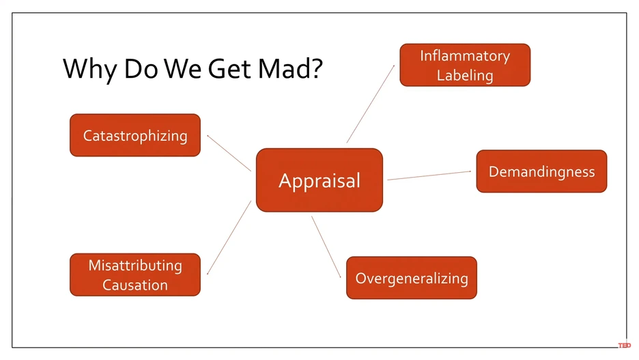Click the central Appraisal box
[x=319, y=180]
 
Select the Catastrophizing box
[x=135, y=135]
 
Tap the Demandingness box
[x=541, y=171]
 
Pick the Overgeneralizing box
[x=412, y=278]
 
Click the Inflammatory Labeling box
[x=465, y=65]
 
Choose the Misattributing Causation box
[x=135, y=275]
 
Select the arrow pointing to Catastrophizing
[x=229, y=152]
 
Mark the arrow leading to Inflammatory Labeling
[x=371, y=104]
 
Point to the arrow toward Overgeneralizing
[x=326, y=247]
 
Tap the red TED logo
[x=624, y=346]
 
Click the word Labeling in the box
[x=465, y=75]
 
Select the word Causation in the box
[x=135, y=285]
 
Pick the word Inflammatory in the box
[x=465, y=55]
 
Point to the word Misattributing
[x=135, y=265]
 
